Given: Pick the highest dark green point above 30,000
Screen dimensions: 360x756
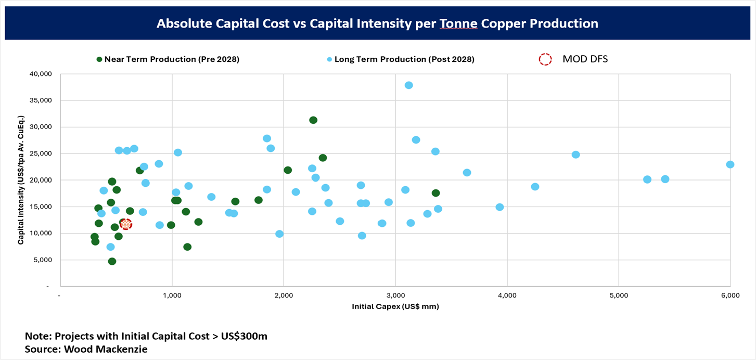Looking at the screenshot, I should pyautogui.click(x=313, y=120).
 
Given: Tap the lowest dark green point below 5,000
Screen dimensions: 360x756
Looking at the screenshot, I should pyautogui.click(x=112, y=261).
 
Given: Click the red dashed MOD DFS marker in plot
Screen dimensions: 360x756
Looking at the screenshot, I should pyautogui.click(x=125, y=224).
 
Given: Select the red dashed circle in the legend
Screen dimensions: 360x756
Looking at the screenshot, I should pyautogui.click(x=545, y=59).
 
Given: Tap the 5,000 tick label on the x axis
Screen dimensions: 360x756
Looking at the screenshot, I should pyautogui.click(x=618, y=295).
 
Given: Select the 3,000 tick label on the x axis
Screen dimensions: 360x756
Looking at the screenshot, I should pyautogui.click(x=395, y=295).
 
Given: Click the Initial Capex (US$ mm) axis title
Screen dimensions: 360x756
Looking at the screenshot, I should pyautogui.click(x=395, y=306).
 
